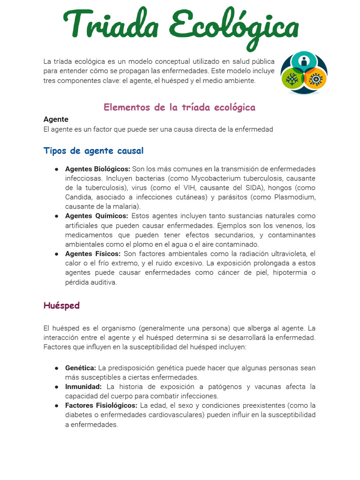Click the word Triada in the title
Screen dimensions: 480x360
click(112, 24)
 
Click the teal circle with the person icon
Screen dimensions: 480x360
click(304, 61)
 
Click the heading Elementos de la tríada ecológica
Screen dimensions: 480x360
click(180, 107)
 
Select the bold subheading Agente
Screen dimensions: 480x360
click(56, 119)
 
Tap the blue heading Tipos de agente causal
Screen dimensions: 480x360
click(93, 150)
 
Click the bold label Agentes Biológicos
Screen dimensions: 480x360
click(97, 169)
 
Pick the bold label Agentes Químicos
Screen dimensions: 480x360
click(97, 216)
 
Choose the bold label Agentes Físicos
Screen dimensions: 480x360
click(93, 254)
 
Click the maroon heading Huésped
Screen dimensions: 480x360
click(61, 306)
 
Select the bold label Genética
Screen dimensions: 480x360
click(81, 368)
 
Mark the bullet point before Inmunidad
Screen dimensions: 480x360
click(56, 387)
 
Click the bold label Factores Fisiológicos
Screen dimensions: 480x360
click(101, 405)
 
